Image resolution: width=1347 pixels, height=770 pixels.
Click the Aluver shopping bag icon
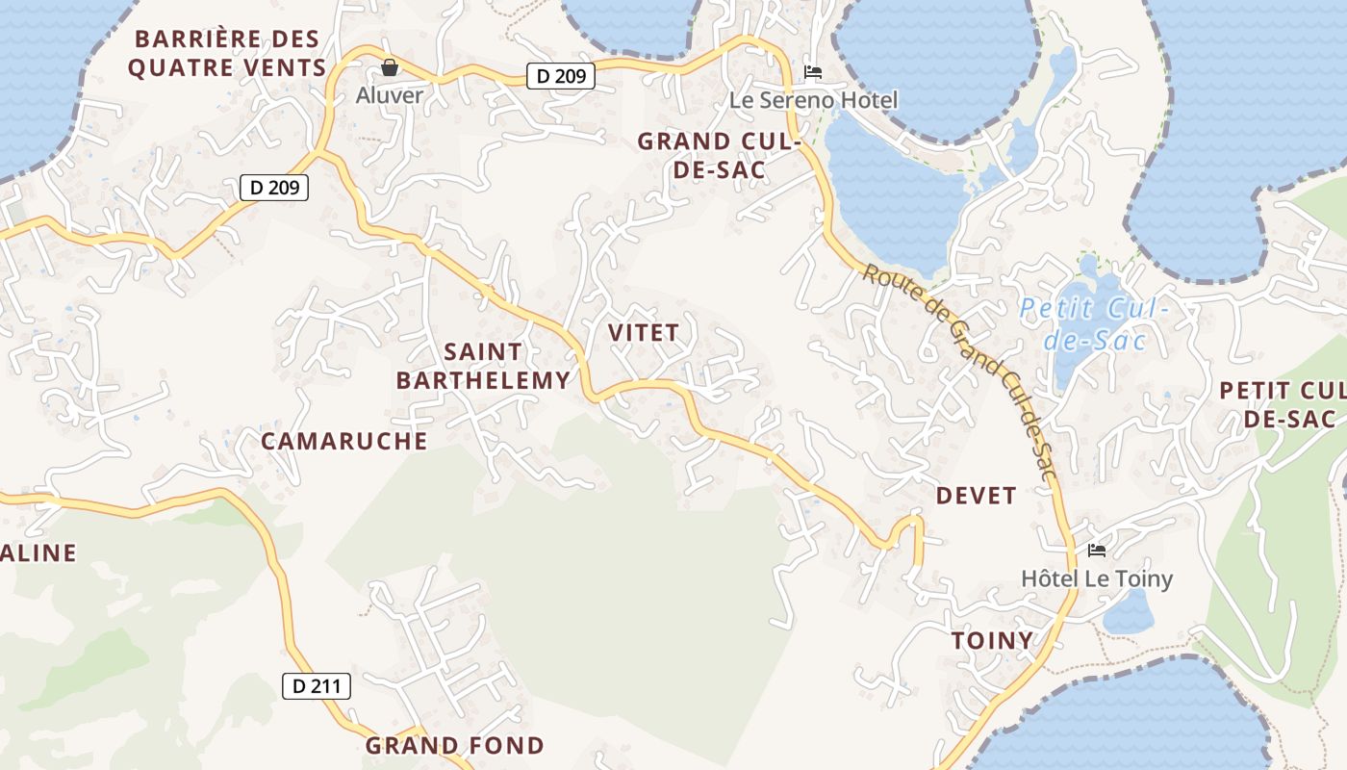click(x=390, y=67)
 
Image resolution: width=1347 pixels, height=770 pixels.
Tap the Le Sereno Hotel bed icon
click(x=813, y=71)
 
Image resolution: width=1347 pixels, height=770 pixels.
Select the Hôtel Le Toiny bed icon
click(x=1096, y=551)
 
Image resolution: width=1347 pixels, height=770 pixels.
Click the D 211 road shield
click(x=316, y=686)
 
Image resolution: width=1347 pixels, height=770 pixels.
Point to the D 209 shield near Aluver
click(x=561, y=75)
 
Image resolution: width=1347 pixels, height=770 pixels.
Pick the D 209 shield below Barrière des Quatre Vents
click(x=274, y=188)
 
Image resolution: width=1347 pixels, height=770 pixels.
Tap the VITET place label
click(x=644, y=333)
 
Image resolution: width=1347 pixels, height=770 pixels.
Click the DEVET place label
click(x=976, y=496)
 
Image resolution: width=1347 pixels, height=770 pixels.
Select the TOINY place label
click(x=992, y=640)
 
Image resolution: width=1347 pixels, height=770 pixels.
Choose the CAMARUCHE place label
click(x=344, y=441)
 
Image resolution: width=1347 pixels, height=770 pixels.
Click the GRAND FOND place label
click(x=454, y=745)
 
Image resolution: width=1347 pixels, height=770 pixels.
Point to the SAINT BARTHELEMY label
click(x=483, y=367)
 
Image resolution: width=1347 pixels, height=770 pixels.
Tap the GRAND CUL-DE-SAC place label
click(x=705, y=155)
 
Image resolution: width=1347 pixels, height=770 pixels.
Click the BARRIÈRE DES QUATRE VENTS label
click(x=227, y=54)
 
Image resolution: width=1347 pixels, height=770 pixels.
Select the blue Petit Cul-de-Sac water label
click(x=1095, y=324)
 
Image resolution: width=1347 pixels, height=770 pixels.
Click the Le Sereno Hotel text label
click(x=813, y=100)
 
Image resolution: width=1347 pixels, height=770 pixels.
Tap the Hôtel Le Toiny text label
click(x=1097, y=578)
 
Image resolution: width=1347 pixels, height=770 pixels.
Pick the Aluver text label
click(x=389, y=95)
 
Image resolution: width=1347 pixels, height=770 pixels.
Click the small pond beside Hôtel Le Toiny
click(x=1128, y=611)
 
